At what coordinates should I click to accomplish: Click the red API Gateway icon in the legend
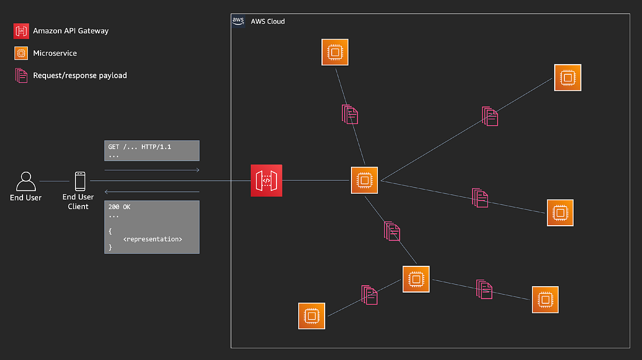(x=21, y=31)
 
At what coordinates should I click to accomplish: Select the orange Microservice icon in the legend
(x=21, y=53)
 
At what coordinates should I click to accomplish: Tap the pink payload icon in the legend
(x=21, y=75)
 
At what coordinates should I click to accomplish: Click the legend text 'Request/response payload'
(x=80, y=75)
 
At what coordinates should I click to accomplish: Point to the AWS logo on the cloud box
(x=238, y=21)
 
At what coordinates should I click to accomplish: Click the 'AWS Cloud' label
(x=267, y=21)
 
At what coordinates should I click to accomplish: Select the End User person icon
(x=26, y=181)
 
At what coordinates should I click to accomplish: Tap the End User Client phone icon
(x=80, y=181)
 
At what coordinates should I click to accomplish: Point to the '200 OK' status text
(x=119, y=206)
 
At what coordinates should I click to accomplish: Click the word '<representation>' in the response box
(x=152, y=239)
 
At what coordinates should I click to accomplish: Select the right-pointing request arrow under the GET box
(x=152, y=170)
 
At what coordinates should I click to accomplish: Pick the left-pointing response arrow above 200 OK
(x=152, y=192)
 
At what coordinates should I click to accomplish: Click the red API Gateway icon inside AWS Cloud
(x=266, y=180)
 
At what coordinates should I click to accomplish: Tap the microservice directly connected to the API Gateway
(x=364, y=180)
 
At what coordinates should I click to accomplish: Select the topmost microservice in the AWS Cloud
(x=335, y=52)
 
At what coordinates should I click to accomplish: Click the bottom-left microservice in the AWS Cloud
(x=312, y=316)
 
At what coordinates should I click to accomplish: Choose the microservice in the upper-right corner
(x=567, y=78)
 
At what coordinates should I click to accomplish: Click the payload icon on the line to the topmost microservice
(x=350, y=114)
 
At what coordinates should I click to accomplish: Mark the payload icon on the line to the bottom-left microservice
(x=369, y=295)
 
